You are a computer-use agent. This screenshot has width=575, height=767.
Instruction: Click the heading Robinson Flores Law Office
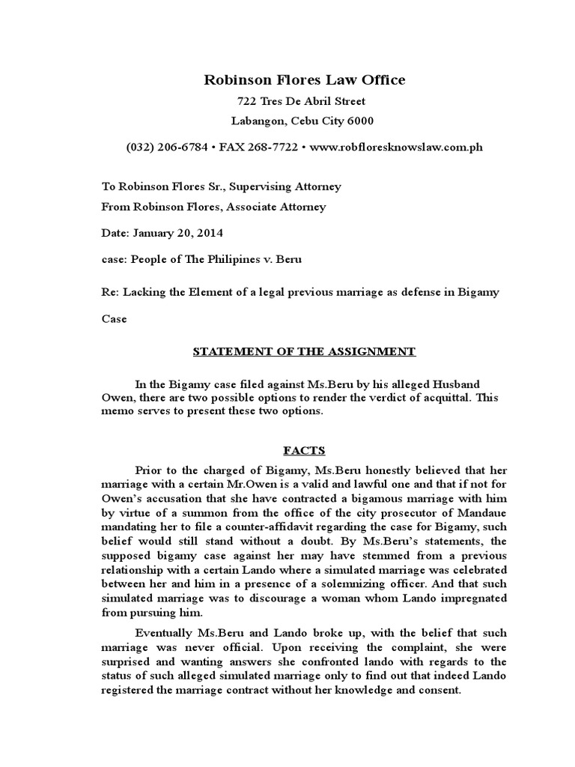click(305, 79)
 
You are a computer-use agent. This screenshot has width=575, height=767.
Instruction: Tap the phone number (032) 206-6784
click(168, 147)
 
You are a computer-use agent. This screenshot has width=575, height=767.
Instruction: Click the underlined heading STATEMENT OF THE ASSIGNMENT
click(305, 351)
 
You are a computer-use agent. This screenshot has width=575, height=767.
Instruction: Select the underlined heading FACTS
click(304, 452)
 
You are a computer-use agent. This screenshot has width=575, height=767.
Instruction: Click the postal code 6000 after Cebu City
click(358, 121)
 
